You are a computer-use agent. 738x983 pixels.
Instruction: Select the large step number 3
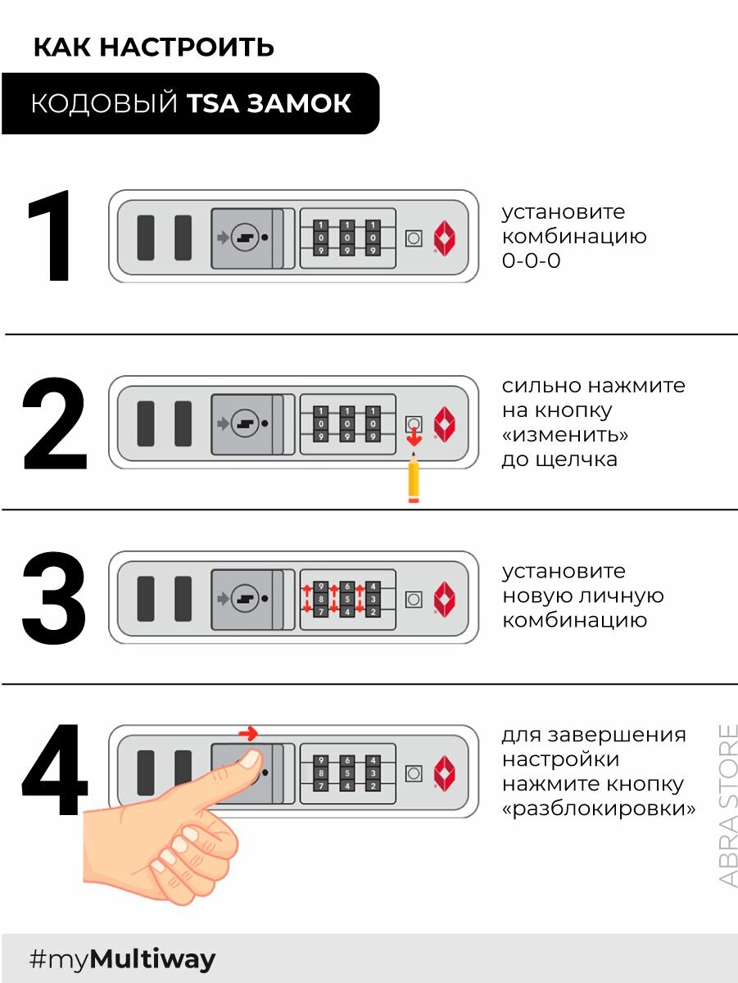point(54,597)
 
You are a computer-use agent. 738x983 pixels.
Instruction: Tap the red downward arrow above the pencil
point(414,440)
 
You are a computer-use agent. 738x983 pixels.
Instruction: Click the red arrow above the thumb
point(247,733)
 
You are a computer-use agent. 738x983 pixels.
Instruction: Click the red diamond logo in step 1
point(444,238)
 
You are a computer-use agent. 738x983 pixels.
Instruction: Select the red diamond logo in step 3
point(444,599)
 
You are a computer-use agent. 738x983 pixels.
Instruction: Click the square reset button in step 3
point(414,599)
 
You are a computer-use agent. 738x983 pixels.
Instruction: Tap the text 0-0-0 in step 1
point(531,262)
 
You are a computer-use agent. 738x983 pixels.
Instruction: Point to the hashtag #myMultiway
point(122,959)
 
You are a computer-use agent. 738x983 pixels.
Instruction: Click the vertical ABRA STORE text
point(727,804)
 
